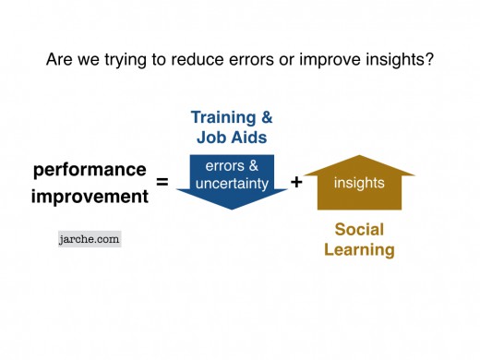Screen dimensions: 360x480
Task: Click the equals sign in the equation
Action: pyautogui.click(x=162, y=183)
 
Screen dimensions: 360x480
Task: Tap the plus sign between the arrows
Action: pyautogui.click(x=296, y=183)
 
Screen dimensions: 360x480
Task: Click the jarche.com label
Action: pyautogui.click(x=89, y=237)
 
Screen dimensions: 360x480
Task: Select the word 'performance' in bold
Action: pyautogui.click(x=90, y=170)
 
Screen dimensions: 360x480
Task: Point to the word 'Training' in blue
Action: pyautogui.click(x=222, y=117)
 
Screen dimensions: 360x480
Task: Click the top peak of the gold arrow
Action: pyautogui.click(x=359, y=156)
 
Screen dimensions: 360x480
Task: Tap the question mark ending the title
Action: pyautogui.click(x=430, y=61)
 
